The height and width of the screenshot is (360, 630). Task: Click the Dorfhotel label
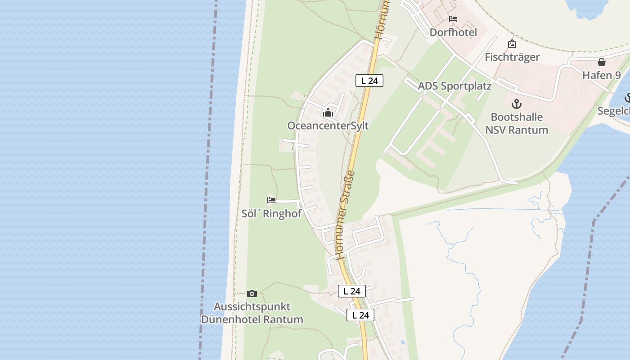tap(453, 32)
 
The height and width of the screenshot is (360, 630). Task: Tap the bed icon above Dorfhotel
tap(453, 19)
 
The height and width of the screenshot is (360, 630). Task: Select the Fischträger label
tap(512, 57)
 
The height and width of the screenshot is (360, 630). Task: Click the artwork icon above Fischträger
tap(512, 44)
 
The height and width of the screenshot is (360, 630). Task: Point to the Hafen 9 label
tap(602, 75)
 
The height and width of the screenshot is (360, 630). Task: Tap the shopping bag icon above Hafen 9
tap(602, 62)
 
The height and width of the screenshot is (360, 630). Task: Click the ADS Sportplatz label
tap(454, 86)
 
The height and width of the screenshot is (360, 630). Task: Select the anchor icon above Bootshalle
tap(517, 104)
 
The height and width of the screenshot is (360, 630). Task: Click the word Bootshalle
tap(517, 117)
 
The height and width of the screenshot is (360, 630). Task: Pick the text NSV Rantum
tap(517, 130)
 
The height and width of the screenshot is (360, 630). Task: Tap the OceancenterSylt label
tap(328, 126)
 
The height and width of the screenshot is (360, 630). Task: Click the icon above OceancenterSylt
tap(328, 112)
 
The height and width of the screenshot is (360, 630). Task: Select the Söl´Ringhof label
tap(271, 213)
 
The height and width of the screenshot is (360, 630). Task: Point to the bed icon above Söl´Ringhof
tap(271, 200)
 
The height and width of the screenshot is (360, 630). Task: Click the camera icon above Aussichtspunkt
tap(252, 293)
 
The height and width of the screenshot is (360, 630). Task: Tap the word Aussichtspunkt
tap(252, 306)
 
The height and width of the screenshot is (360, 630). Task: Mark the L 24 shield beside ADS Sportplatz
tap(369, 81)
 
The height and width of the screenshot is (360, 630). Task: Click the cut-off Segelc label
tap(614, 111)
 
